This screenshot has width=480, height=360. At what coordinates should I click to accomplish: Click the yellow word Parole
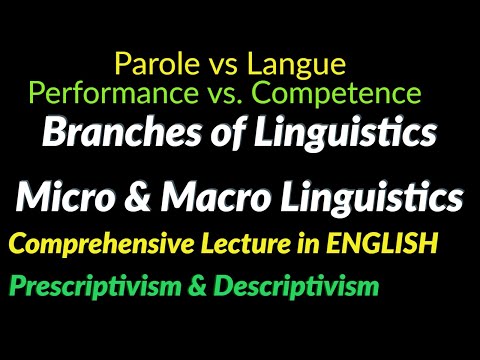(x=150, y=66)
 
